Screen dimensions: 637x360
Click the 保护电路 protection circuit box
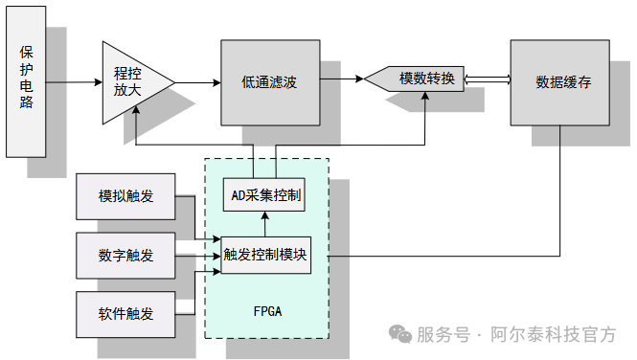(26, 81)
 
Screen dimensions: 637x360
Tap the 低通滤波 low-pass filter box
(270, 82)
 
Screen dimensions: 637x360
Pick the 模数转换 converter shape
(415, 79)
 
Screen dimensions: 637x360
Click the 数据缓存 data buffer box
(559, 82)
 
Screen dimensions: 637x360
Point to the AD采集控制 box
(264, 194)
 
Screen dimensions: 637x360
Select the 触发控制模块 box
(265, 256)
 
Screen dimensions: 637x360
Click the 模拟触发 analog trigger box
(125, 196)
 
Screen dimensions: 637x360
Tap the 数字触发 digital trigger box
(125, 256)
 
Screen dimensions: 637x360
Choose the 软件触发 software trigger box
(125, 314)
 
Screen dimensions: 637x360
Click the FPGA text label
(267, 311)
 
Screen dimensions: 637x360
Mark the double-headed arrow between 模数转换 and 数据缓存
(488, 79)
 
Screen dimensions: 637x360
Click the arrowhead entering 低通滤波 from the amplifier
(216, 82)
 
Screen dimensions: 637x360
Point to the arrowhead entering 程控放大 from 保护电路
(99, 82)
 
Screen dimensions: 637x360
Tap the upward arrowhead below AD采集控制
(265, 216)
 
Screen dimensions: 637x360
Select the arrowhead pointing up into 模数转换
(425, 96)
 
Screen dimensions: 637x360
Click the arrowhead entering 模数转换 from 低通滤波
(359, 79)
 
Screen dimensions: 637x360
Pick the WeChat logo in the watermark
(400, 334)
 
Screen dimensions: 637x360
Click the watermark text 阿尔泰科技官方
(554, 335)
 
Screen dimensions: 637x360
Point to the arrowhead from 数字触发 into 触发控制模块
(216, 256)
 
